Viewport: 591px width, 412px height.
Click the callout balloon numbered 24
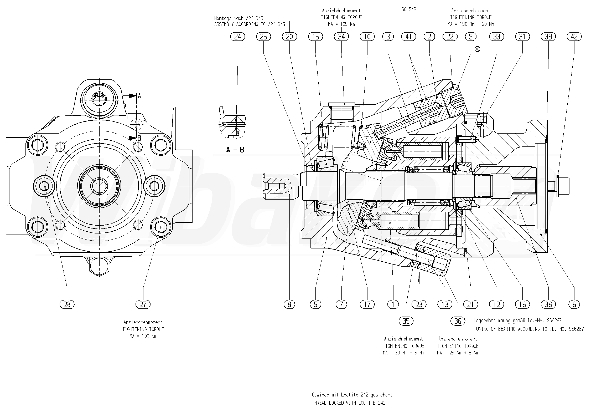[x=237, y=37]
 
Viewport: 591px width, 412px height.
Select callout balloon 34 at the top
[x=341, y=37]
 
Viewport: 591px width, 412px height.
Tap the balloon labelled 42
[x=574, y=37]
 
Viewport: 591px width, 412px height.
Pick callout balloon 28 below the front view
[x=67, y=304]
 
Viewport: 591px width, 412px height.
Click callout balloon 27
[x=143, y=304]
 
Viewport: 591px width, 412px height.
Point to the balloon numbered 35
[x=406, y=321]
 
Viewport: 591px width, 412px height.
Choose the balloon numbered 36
[x=458, y=321]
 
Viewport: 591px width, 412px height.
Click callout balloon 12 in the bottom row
[x=497, y=304]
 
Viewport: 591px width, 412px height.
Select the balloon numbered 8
[x=289, y=304]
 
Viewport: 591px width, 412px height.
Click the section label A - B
[x=235, y=150]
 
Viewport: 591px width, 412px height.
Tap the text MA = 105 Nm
[x=341, y=24]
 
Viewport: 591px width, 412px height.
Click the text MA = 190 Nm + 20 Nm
[x=471, y=24]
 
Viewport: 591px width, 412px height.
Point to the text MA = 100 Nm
[x=143, y=336]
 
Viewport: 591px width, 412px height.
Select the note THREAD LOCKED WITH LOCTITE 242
[x=349, y=403]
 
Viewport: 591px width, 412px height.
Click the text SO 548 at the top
[x=409, y=10]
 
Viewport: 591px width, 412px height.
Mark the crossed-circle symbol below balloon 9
[x=477, y=49]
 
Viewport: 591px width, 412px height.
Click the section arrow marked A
[x=133, y=96]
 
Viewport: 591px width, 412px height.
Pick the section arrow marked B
[x=133, y=138]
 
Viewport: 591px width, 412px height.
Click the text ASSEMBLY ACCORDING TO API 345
[x=250, y=24]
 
